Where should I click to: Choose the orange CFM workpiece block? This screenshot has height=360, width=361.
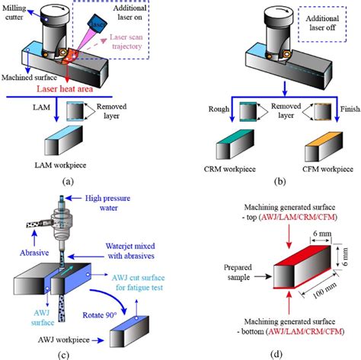(313, 145)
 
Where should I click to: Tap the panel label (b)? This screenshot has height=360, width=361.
(271, 181)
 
